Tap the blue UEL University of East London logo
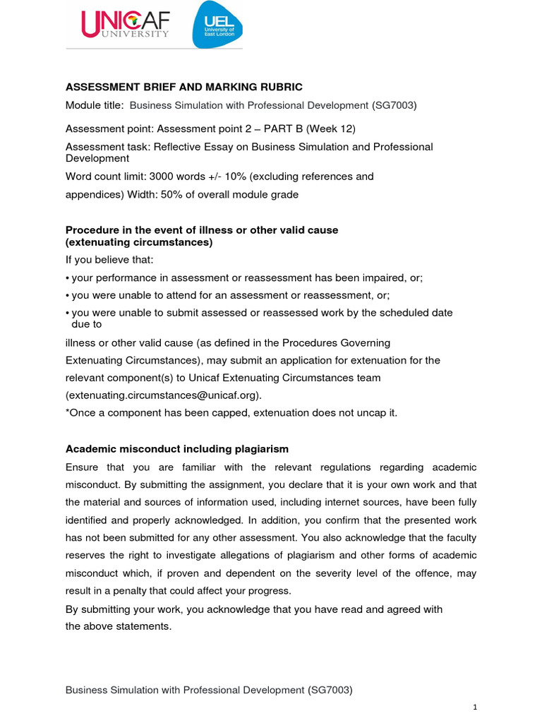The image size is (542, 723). pyautogui.click(x=217, y=25)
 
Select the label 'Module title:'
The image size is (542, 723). pyautogui.click(x=95, y=105)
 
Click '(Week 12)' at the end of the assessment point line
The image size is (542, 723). pyautogui.click(x=336, y=129)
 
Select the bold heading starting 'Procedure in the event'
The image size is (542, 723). pyautogui.click(x=202, y=230)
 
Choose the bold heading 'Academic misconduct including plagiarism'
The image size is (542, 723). pyautogui.click(x=176, y=449)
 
